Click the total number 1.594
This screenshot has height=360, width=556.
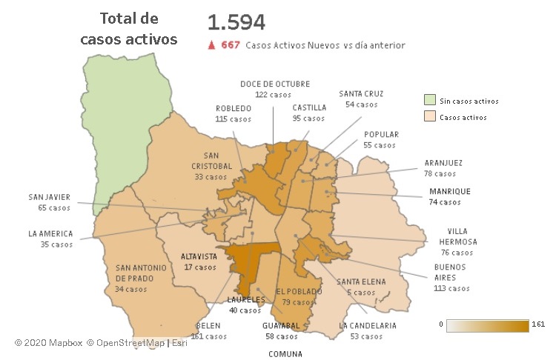click(236, 22)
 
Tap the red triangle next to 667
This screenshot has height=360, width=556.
click(211, 45)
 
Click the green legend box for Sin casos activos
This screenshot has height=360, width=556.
click(429, 101)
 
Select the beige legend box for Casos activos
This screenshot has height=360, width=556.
click(429, 117)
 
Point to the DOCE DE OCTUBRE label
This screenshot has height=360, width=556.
click(274, 84)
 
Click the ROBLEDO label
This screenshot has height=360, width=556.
click(234, 108)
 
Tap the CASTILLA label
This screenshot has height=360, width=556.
click(308, 107)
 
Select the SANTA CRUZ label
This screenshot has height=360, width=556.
click(361, 94)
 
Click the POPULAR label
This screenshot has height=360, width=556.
click(381, 135)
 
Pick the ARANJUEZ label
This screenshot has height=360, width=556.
click(445, 163)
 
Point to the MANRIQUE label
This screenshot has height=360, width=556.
click(449, 191)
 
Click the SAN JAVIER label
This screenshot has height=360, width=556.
click(49, 197)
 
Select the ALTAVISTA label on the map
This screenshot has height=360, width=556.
click(199, 257)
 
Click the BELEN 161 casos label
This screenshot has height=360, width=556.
click(209, 330)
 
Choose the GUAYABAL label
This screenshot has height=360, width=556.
click(281, 325)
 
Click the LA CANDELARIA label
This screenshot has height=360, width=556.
click(368, 325)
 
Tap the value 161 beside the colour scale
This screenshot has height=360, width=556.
click(538, 324)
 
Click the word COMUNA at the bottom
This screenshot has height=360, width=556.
click(285, 354)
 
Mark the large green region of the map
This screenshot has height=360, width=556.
click(122, 126)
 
